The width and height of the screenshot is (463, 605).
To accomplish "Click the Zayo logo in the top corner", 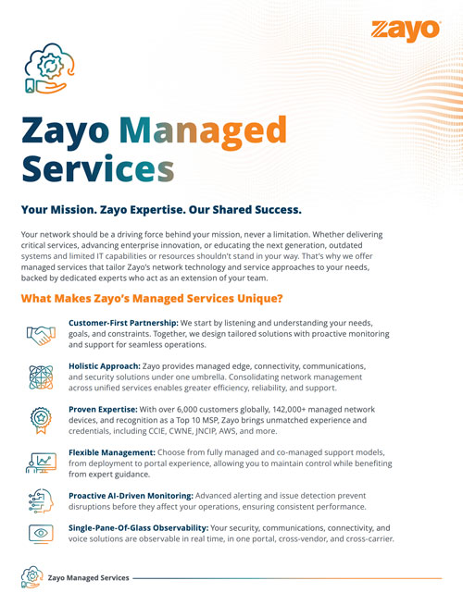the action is coord(405,31).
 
